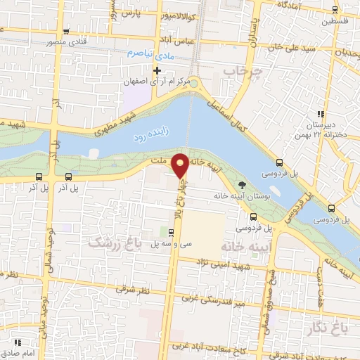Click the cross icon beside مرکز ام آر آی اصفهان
pos(157,71)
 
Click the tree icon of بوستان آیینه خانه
pos(242,185)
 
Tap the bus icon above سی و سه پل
pos(172,232)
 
